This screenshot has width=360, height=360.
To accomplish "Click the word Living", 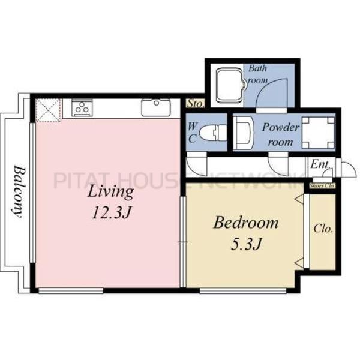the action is (x=111, y=192).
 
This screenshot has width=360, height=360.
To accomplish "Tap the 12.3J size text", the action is (x=112, y=212).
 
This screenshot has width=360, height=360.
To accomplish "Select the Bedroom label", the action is (x=245, y=223).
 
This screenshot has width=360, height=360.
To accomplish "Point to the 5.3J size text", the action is (x=246, y=244).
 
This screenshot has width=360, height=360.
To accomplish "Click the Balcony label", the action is (x=19, y=191).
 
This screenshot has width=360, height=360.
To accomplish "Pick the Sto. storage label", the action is (x=195, y=104).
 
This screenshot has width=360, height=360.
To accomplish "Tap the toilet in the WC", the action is (x=213, y=133).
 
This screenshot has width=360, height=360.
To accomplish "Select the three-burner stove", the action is (x=82, y=108).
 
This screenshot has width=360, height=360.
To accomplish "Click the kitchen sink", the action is (x=156, y=107).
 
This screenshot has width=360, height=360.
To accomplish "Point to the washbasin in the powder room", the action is (x=244, y=133).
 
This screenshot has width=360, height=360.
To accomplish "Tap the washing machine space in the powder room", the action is (x=318, y=133).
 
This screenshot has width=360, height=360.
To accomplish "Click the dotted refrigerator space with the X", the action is (x=49, y=110).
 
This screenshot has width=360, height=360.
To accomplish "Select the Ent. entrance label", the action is (x=320, y=164).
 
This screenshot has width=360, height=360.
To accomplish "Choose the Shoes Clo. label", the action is (x=322, y=186).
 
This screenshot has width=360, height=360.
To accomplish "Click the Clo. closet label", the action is (x=323, y=229).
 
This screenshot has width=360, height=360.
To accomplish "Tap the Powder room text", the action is (x=281, y=135).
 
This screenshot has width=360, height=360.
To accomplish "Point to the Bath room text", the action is (x=258, y=74).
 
